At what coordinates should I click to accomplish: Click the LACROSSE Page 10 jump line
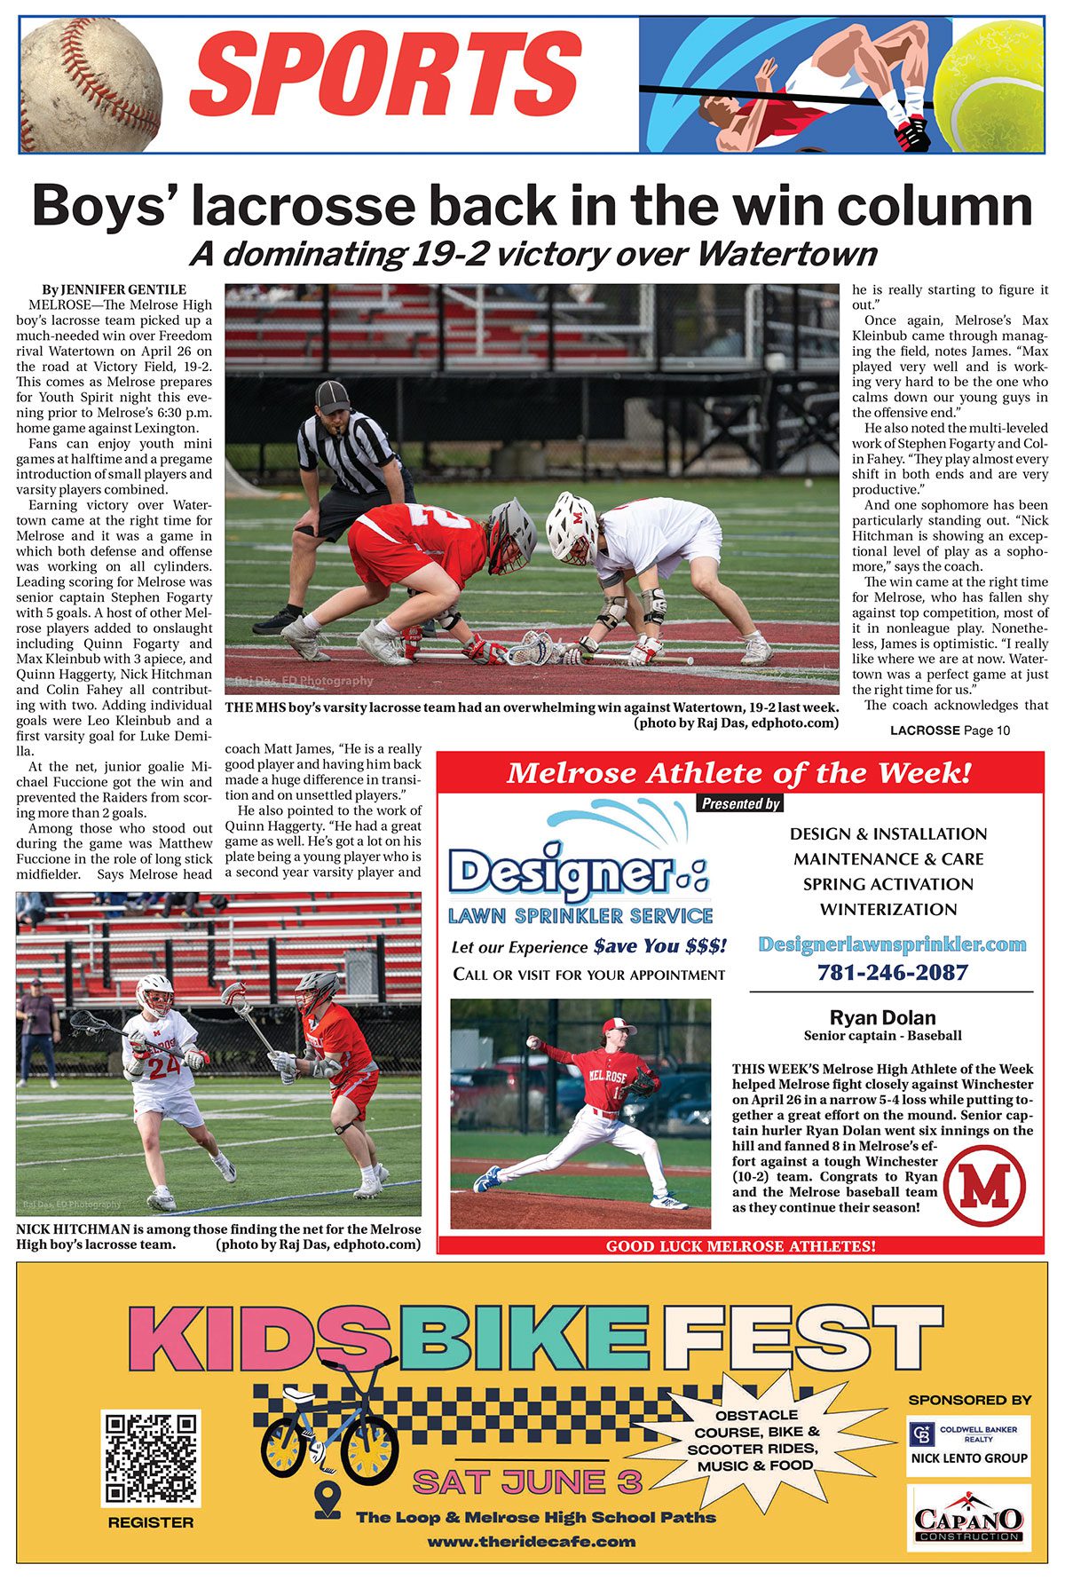click(950, 731)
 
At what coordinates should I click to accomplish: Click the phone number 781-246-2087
click(892, 972)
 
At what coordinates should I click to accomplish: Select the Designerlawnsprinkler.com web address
click(892, 944)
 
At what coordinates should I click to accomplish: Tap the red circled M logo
click(984, 1185)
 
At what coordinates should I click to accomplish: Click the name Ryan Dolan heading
click(882, 1018)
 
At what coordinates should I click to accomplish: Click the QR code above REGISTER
click(151, 1458)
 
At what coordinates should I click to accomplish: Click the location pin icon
click(327, 1501)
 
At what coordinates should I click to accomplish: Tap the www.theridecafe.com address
click(531, 1542)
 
